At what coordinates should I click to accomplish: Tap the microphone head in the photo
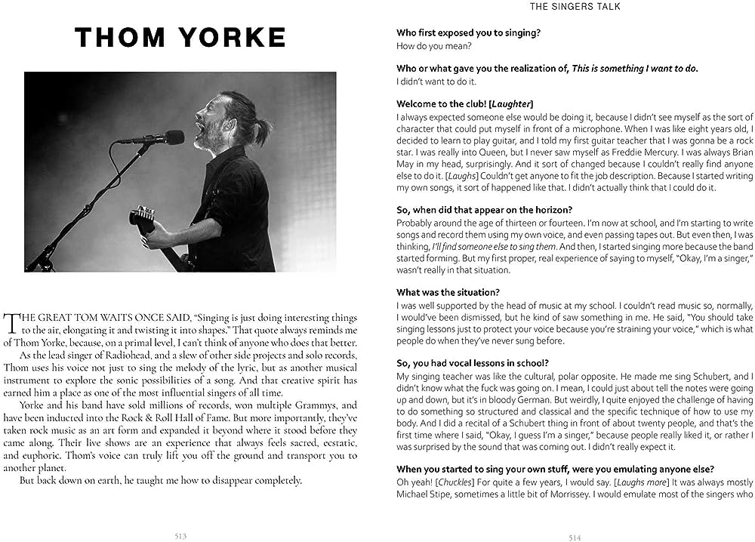pyautogui.click(x=173, y=137)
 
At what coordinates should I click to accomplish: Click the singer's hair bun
pyautogui.click(x=261, y=131)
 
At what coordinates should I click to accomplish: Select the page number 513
pyautogui.click(x=180, y=535)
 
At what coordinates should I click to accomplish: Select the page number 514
pyautogui.click(x=575, y=537)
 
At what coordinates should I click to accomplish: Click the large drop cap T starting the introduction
pyautogui.click(x=11, y=322)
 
